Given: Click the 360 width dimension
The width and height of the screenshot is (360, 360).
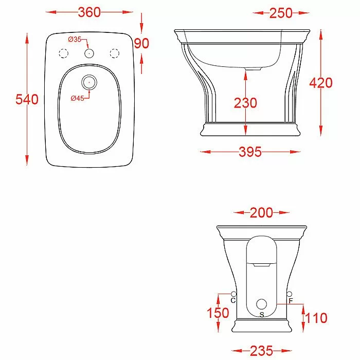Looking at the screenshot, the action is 89,12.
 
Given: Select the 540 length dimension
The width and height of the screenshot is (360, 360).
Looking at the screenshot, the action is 27,99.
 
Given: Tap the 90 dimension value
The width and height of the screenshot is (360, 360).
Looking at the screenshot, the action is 141,43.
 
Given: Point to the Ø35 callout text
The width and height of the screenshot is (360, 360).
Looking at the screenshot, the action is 75,40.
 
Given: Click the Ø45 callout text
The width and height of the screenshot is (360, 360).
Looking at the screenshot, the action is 77,98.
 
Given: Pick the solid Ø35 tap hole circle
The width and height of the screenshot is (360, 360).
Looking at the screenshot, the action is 89,53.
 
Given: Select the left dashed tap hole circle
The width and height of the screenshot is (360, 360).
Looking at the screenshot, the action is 64,53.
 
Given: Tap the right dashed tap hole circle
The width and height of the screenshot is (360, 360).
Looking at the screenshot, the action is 115,53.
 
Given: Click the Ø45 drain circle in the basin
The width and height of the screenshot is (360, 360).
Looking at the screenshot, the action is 89,82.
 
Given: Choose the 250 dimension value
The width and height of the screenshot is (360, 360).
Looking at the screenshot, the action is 281,13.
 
